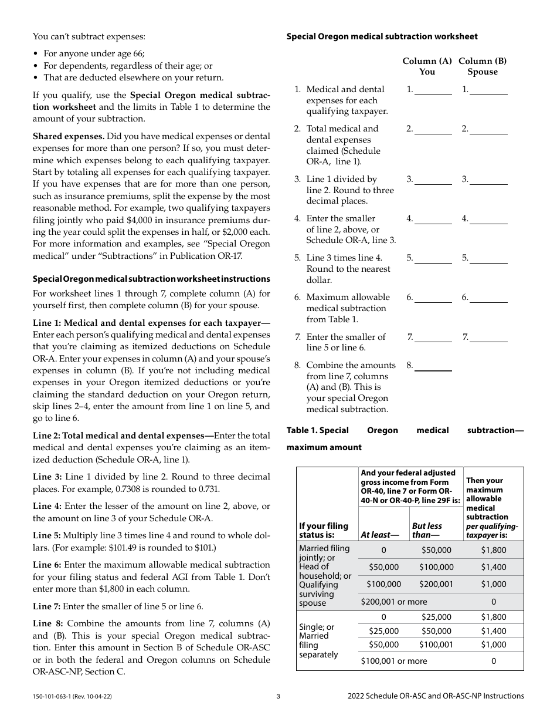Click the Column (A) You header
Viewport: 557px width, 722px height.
tap(427, 66)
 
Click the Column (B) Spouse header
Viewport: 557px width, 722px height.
tap(482, 66)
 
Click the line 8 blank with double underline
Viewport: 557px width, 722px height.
tap(433, 366)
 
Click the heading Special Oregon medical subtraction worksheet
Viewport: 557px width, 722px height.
tap(382, 36)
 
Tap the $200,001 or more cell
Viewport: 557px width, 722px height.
tap(393, 602)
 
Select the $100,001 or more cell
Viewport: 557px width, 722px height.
tap(393, 661)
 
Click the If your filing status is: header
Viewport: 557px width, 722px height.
tap(324, 530)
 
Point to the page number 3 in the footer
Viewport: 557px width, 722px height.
tap(278, 696)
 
